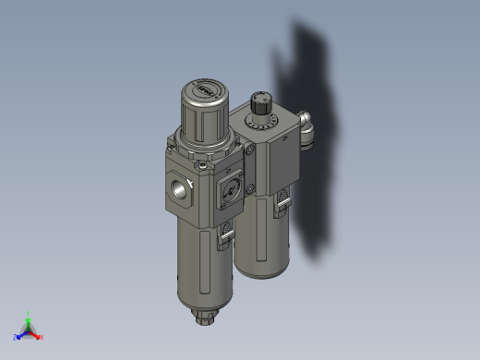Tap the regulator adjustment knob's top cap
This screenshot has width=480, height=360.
[x=204, y=90]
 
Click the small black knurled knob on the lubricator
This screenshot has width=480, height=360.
[x=260, y=99]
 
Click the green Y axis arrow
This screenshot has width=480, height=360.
[x=30, y=317]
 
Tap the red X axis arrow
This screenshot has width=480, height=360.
[x=39, y=336]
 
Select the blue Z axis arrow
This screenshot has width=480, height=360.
[x=19, y=335]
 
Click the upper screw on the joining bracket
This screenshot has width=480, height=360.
[x=248, y=149]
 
